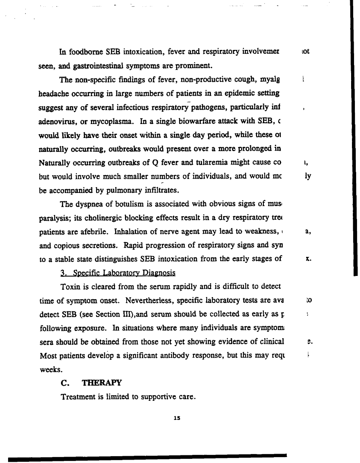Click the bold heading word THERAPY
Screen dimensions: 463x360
point(102,383)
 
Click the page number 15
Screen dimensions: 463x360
point(177,418)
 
